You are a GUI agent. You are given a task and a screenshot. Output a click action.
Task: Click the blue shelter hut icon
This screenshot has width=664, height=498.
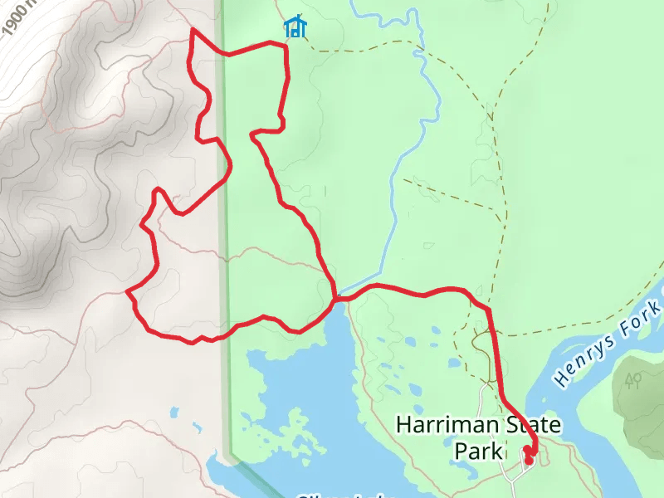pyautogui.click(x=295, y=27)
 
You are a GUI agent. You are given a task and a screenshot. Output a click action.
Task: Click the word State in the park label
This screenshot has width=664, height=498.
pyautogui.click(x=530, y=426)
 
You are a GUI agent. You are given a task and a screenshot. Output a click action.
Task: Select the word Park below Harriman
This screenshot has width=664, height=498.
pyautogui.click(x=479, y=451)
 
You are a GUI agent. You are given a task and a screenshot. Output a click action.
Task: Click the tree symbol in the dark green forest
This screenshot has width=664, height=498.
pyautogui.click(x=633, y=381)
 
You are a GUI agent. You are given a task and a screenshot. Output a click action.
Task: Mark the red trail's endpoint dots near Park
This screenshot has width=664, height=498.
pyautogui.click(x=528, y=456)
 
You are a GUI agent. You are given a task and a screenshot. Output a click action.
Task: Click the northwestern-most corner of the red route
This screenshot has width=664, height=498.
pyautogui.click(x=193, y=31)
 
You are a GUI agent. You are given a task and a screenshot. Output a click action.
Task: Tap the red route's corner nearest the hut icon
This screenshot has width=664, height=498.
pyautogui.click(x=286, y=48)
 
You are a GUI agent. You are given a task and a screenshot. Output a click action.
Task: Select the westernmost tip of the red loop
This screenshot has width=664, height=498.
pyautogui.click(x=127, y=292)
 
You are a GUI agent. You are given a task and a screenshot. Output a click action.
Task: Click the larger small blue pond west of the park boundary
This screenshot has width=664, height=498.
pyautogui.click(x=173, y=412)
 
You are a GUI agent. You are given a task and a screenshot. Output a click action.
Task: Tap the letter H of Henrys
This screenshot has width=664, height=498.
pyautogui.click(x=561, y=377)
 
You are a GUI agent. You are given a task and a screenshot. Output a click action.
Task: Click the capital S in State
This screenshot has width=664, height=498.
pyautogui.click(x=508, y=426)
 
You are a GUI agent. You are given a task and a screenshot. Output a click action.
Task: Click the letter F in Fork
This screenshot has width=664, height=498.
pyautogui.click(x=625, y=330)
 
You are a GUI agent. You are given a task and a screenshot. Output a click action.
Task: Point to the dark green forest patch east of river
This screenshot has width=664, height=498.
pyautogui.click(x=643, y=398)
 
